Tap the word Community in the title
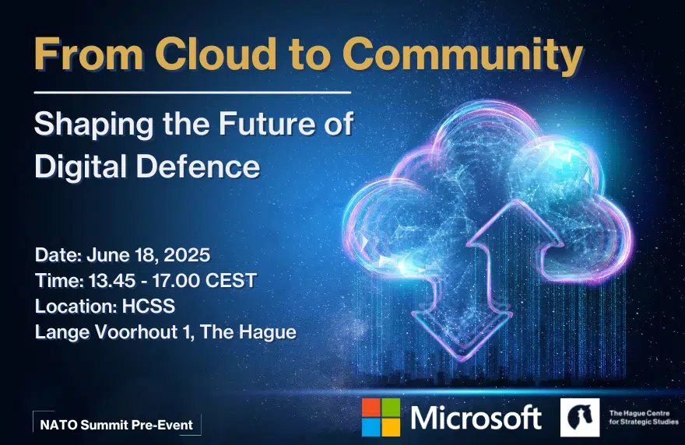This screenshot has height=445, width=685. (462, 56)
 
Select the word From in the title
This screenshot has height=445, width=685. (89, 54)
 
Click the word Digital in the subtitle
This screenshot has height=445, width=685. (81, 168)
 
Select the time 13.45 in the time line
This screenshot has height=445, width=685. (112, 281)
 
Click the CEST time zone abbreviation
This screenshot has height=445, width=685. (230, 281)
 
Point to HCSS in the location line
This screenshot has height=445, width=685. (149, 306)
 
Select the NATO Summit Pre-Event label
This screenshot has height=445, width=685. (117, 425)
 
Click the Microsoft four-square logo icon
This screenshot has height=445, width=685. (381, 417)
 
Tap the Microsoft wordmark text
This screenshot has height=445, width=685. (476, 417)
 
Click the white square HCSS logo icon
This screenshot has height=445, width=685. (580, 418)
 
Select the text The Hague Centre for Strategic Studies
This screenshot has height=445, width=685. (644, 418)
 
